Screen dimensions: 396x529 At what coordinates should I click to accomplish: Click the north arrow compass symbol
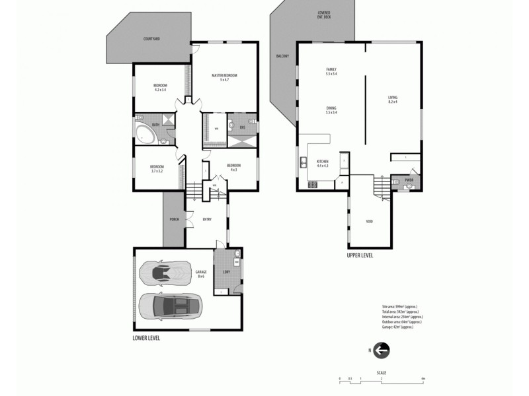(x=381, y=350)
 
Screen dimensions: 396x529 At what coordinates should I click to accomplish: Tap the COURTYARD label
(x=151, y=39)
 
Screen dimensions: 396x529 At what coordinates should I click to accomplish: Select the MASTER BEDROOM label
(x=224, y=76)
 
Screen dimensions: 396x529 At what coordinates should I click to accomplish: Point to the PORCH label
(x=174, y=219)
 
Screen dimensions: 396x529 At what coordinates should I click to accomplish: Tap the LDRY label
(x=226, y=272)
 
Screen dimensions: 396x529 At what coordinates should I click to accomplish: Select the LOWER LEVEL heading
(x=147, y=338)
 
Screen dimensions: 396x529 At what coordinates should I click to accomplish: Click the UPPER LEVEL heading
(x=361, y=254)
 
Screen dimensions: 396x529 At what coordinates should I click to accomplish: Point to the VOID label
(x=369, y=221)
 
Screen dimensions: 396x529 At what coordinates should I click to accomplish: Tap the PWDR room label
(x=409, y=180)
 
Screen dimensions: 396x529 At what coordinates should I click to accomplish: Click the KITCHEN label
(x=323, y=161)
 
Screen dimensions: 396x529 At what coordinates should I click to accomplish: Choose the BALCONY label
(x=282, y=57)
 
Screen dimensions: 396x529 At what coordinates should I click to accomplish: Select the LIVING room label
(x=393, y=98)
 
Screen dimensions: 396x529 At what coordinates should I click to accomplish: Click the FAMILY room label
(x=331, y=69)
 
